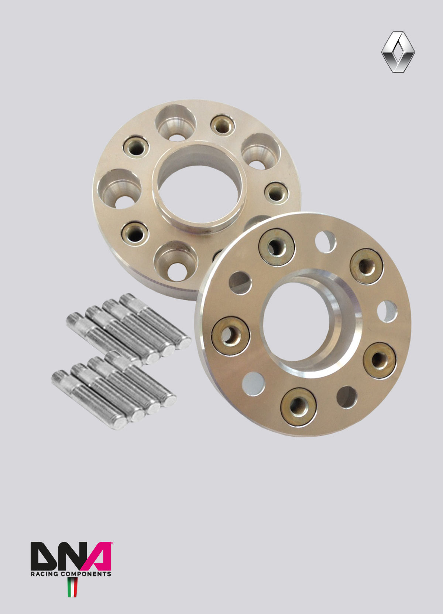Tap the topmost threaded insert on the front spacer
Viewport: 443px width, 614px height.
point(277,247)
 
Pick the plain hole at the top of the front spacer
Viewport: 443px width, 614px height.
point(325,242)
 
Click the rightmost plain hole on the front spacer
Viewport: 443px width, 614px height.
point(387,312)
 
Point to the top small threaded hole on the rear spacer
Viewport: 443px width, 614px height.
point(223,125)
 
